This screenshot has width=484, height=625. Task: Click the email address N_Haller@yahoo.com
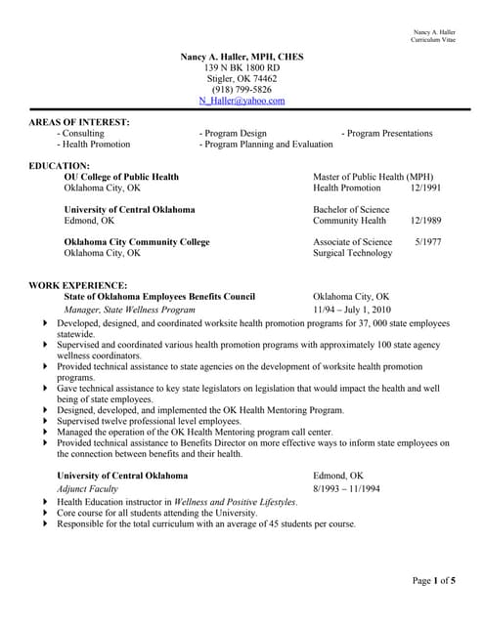(242, 101)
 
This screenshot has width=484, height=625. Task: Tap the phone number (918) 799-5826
(242, 90)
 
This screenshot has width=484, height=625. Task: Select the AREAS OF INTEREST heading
(79, 122)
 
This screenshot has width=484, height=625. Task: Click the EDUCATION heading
(60, 166)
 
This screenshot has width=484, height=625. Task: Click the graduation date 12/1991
(425, 187)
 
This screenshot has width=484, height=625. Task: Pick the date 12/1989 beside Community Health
(425, 221)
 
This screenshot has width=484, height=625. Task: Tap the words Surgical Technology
(352, 253)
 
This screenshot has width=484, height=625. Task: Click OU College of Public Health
(121, 177)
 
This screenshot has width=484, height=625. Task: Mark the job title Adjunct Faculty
(88, 487)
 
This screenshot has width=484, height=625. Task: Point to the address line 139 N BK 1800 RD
(242, 68)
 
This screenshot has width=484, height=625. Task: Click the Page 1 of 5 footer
(433, 582)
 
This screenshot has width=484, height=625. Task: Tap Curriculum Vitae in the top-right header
(433, 40)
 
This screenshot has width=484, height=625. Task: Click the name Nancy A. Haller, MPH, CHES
(242, 58)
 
